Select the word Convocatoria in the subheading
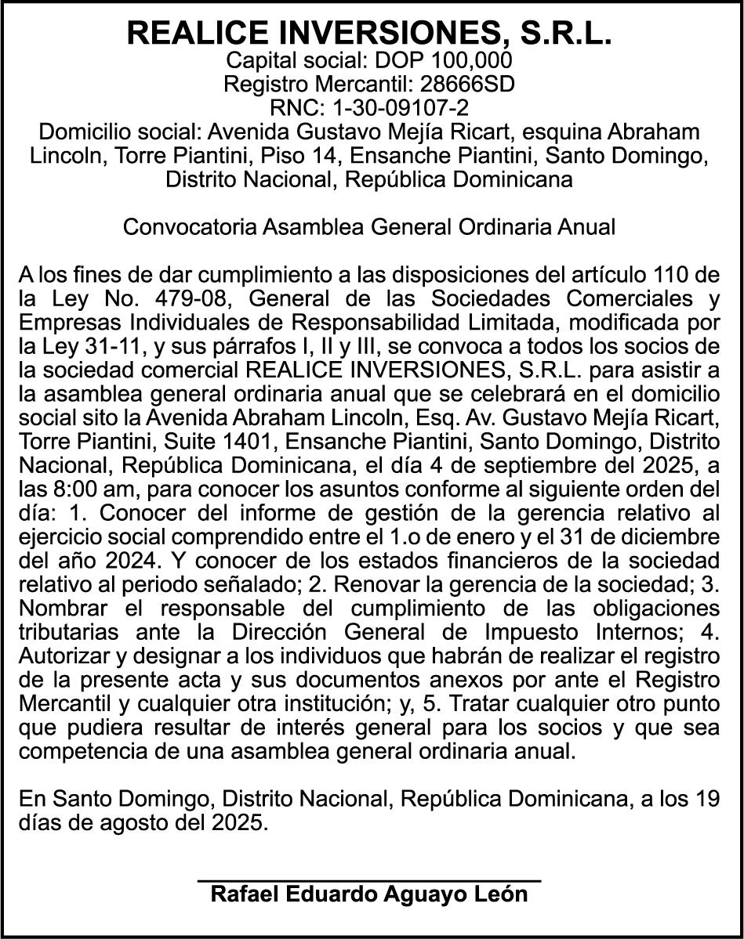tap(189, 227)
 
